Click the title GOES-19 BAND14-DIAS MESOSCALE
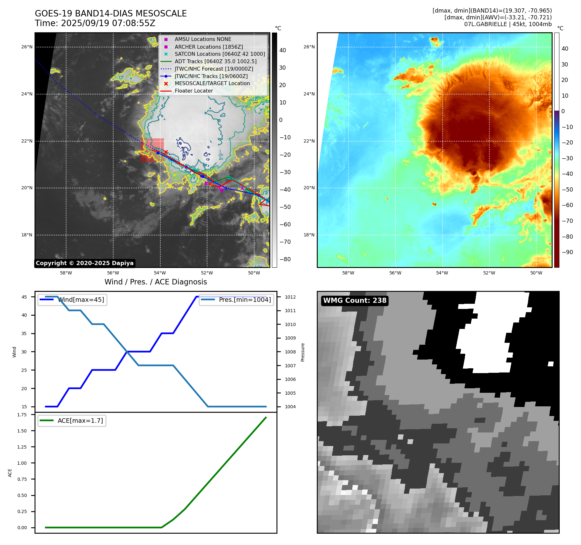coord(111,14)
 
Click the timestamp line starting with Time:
coord(95,23)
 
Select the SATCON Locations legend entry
coord(219,54)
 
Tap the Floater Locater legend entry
coord(194,91)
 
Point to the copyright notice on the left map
coord(85,263)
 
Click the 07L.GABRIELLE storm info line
coord(508,24)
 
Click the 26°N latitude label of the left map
coord(27,47)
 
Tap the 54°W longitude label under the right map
coord(442,273)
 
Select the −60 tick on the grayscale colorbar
coord(285,224)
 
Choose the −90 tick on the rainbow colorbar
coord(567,252)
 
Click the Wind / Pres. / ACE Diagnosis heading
coord(155,282)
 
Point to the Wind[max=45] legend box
coord(72,300)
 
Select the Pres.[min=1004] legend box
coord(236,300)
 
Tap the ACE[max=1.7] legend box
coord(72,421)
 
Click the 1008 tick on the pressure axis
coord(290,352)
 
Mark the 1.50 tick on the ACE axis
coord(22,431)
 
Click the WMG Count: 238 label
coord(355,301)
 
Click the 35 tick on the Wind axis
coord(24,333)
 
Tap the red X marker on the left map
coord(166,152)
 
